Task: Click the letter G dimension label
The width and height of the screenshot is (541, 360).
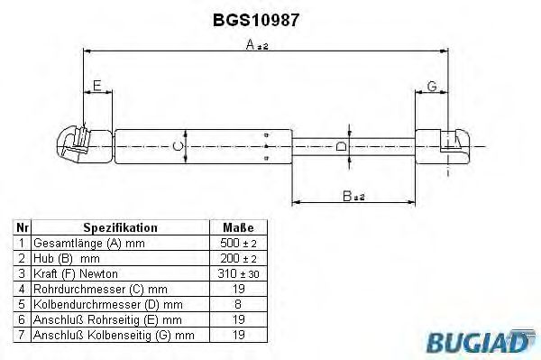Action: click(x=432, y=86)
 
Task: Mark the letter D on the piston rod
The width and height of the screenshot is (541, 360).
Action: click(x=340, y=145)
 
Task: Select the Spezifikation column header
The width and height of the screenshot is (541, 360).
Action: click(x=120, y=228)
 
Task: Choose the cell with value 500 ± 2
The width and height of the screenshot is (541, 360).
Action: click(x=237, y=244)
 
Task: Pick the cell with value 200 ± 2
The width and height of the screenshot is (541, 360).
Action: click(x=237, y=258)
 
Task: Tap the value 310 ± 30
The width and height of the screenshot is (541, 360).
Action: click(x=237, y=273)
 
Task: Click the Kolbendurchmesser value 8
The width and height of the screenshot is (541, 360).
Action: click(x=237, y=304)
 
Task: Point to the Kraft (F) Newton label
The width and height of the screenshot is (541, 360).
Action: click(x=76, y=273)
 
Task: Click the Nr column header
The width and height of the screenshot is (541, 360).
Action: click(x=23, y=228)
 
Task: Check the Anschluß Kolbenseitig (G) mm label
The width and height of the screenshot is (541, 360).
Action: click(x=114, y=335)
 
